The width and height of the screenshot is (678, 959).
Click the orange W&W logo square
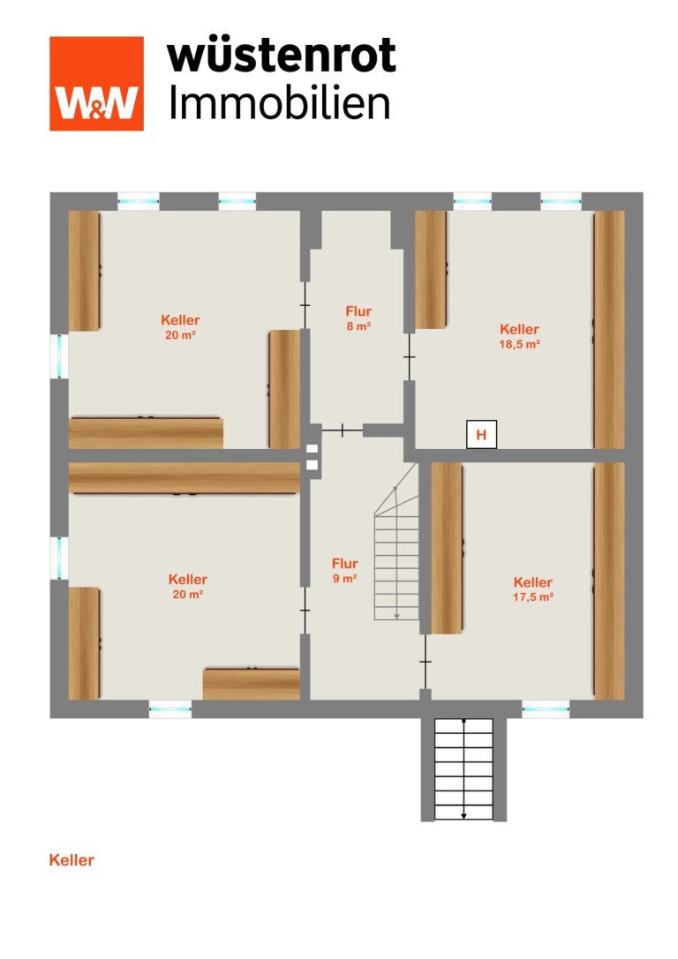97,84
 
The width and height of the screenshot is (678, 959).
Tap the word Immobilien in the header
280,102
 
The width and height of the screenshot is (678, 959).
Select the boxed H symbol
482,435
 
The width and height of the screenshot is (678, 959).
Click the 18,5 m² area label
519,344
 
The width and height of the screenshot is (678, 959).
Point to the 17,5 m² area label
533,597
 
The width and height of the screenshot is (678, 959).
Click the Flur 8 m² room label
358,318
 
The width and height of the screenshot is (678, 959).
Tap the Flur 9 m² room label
344,571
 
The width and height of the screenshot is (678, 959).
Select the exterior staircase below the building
463,768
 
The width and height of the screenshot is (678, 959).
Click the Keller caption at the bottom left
72,860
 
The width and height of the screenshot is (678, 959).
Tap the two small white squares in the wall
313,456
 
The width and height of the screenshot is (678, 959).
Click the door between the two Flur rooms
342,431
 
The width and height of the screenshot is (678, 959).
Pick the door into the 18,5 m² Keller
409,356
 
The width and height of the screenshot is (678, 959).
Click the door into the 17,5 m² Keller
425,662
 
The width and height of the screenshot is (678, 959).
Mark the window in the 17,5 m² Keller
546,709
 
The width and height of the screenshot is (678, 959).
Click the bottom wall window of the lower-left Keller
170,709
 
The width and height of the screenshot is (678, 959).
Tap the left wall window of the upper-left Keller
59,356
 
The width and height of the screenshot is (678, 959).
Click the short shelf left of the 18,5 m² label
431,270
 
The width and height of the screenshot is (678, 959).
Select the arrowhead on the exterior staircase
463,815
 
